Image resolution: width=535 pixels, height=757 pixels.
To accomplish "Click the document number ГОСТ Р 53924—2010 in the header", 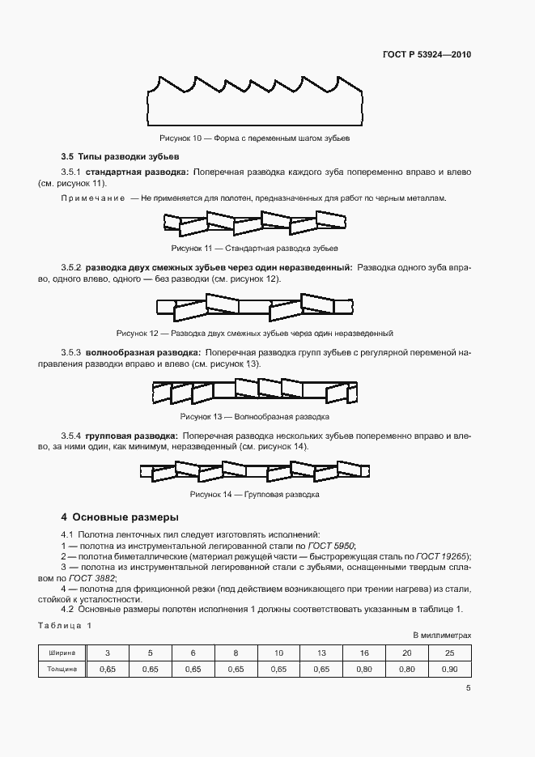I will click(x=427, y=55).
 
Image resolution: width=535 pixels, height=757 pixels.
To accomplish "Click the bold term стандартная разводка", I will click(x=137, y=172).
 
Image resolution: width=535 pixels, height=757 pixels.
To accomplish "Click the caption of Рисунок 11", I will click(x=254, y=248).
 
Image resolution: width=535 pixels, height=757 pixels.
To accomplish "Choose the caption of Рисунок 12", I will click(x=254, y=333).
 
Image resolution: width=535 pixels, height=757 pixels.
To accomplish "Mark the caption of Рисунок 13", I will click(x=254, y=417).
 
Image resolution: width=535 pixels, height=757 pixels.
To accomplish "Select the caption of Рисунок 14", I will click(x=254, y=494).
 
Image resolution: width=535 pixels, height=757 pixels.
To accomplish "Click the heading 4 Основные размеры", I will click(x=120, y=517).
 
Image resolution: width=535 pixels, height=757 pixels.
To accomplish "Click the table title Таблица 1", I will click(x=66, y=626).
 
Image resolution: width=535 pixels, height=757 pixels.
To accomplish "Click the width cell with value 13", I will click(x=321, y=653).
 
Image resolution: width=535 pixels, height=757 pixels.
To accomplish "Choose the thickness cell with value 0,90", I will click(x=449, y=670).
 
